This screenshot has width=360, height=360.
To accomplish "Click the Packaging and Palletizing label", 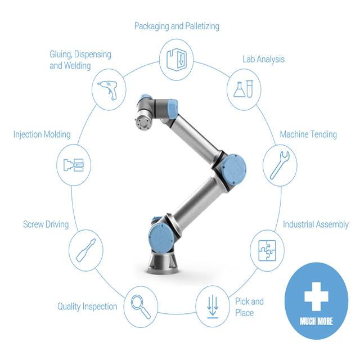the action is [177, 26].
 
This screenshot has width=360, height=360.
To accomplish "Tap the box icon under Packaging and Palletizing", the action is [177, 60].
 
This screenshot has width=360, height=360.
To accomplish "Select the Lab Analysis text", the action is [264, 59].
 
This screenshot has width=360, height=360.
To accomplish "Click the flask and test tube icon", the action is [244, 89].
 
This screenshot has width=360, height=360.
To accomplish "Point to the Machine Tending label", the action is [308, 134].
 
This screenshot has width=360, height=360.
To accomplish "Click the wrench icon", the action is [280, 165].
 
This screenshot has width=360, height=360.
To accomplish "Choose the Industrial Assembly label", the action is [316, 224].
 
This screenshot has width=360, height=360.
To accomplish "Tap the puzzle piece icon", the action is [267, 251].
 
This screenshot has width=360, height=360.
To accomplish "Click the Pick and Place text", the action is [249, 307].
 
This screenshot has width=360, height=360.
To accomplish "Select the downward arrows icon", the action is [213, 307].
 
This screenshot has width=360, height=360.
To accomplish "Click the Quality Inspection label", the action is [87, 307].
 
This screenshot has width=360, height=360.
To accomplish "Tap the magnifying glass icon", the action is [141, 307].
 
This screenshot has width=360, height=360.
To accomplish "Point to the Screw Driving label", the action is [46, 224].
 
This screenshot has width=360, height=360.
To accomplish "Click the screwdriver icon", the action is [86, 250].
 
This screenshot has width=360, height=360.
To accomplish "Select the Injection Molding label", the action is [42, 134].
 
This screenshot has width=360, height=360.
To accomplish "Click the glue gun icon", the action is [108, 90].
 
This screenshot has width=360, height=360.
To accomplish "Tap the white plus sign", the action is [316, 296].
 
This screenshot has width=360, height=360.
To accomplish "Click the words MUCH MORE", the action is [316, 321].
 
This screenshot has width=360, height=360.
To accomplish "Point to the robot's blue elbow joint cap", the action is [234, 169].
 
